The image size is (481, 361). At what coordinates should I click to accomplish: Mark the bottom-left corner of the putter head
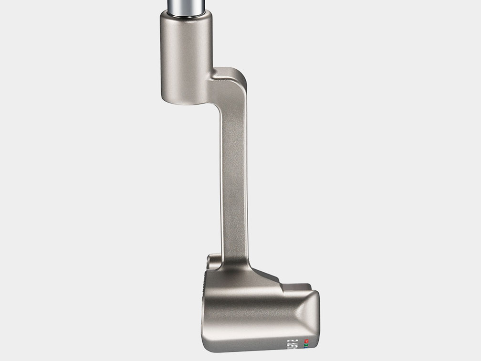210,346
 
